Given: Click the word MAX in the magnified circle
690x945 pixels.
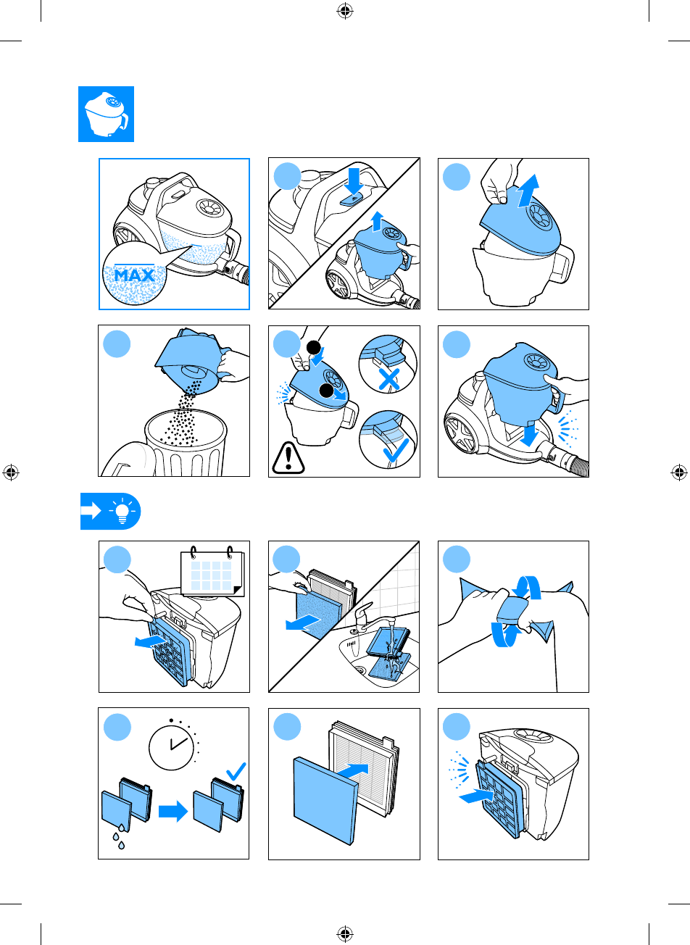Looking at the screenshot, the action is tap(134, 275).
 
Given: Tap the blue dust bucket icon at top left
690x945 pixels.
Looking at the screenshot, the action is tap(107, 115).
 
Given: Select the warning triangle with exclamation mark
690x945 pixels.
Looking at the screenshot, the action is tap(288, 458).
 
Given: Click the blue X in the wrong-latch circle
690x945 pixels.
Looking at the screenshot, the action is tap(389, 379).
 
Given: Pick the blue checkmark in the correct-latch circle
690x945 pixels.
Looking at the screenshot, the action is tap(396, 450).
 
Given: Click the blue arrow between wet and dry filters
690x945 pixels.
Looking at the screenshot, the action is tap(173, 811).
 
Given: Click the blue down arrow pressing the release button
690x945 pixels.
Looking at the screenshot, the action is tap(354, 181).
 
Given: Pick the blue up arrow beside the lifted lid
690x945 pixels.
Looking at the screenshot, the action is tap(528, 191).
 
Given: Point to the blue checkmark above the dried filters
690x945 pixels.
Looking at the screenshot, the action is tap(236, 771).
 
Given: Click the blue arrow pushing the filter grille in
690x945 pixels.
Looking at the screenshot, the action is tap(476, 796).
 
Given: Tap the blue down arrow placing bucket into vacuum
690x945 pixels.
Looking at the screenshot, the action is tap(528, 434).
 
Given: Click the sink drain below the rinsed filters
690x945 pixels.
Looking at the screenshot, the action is tap(359, 669).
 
